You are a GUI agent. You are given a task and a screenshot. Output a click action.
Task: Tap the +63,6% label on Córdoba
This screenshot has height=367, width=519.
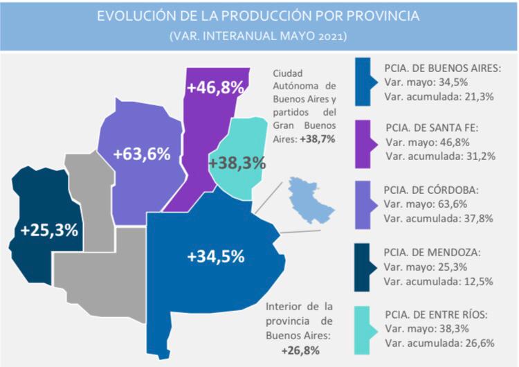143,154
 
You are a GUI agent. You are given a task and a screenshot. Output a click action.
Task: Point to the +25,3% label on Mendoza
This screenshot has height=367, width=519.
49,230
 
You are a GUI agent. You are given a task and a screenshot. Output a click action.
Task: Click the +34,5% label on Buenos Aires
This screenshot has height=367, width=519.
216,256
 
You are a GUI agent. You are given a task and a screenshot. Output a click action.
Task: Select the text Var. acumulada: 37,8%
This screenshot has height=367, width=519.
439,219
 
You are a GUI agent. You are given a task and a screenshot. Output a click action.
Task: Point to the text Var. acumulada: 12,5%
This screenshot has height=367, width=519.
439,281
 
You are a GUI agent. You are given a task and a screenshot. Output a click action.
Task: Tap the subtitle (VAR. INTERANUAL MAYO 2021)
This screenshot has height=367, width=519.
259,35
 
